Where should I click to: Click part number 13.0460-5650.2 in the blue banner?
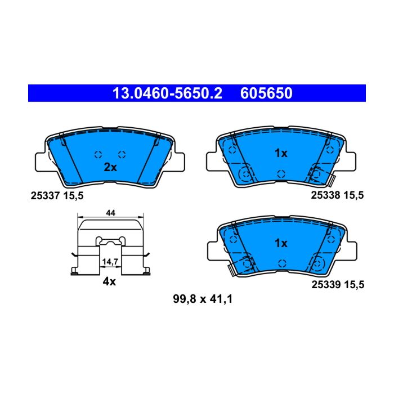[167, 93]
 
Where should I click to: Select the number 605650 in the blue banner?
[266, 93]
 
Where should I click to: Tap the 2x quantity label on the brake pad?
[110, 167]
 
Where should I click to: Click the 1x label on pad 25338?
[281, 153]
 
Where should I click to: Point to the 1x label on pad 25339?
[281, 243]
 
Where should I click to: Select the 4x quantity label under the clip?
[109, 281]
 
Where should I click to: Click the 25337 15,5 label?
[57, 195]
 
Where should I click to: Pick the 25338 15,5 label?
[337, 195]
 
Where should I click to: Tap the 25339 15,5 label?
[338, 285]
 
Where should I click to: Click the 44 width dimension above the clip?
[110, 213]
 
